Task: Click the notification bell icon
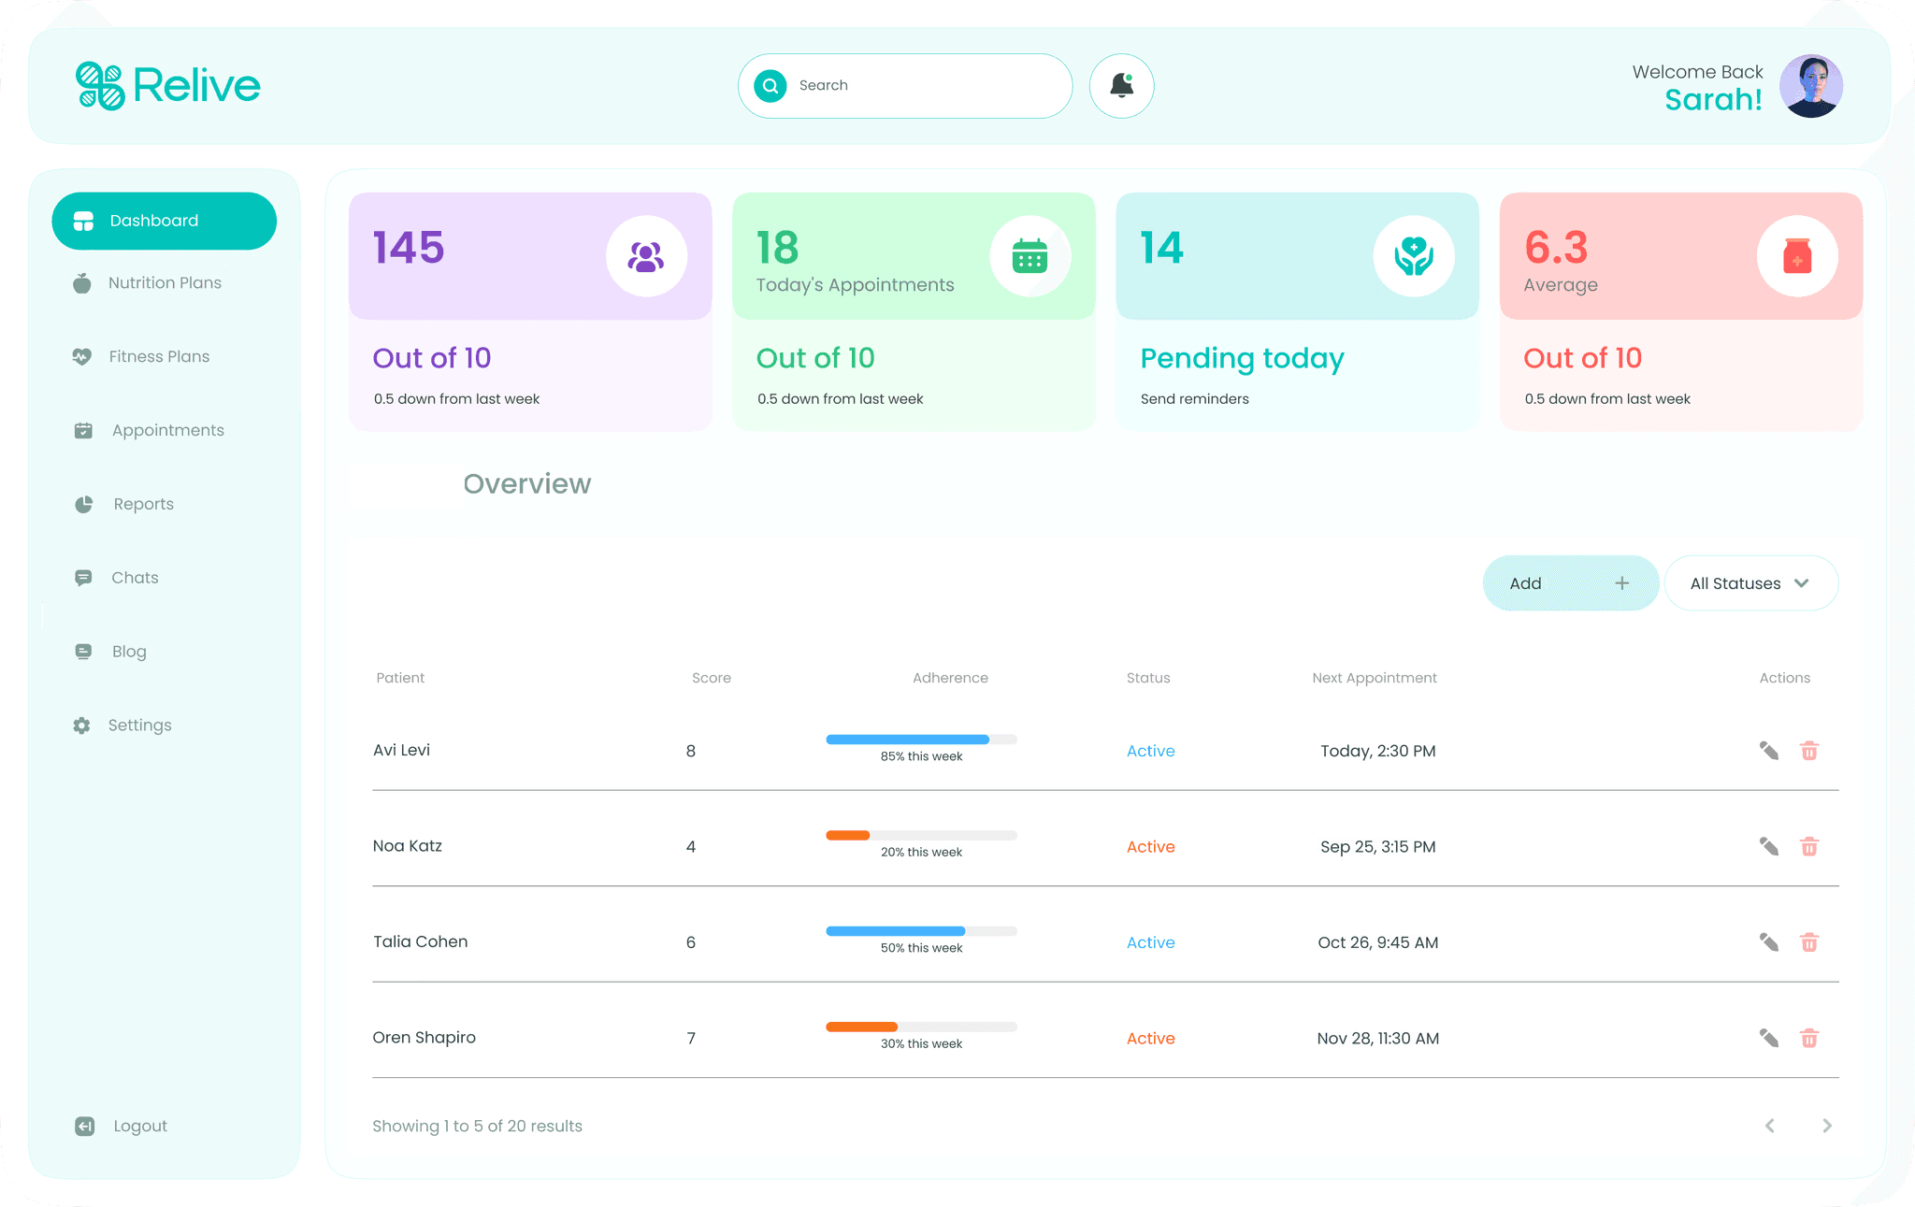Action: [1121, 86]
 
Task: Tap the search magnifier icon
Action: [770, 86]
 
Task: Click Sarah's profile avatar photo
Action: [1811, 86]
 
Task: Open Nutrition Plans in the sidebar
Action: [165, 282]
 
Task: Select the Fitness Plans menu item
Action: [159, 356]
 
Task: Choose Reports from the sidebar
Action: [143, 504]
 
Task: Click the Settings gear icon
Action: [82, 726]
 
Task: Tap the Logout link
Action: [140, 1126]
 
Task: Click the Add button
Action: [1571, 583]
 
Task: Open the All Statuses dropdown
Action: [1751, 583]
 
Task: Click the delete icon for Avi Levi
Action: [1809, 751]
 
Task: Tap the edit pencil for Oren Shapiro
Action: [1769, 1038]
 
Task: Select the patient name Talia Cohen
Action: [420, 941]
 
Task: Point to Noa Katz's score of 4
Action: [691, 847]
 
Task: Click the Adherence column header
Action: [950, 678]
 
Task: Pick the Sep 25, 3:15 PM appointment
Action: [1378, 847]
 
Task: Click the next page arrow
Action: [1827, 1126]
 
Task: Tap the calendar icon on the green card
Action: [1029, 256]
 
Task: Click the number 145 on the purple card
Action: [409, 248]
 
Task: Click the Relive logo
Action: [167, 86]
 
